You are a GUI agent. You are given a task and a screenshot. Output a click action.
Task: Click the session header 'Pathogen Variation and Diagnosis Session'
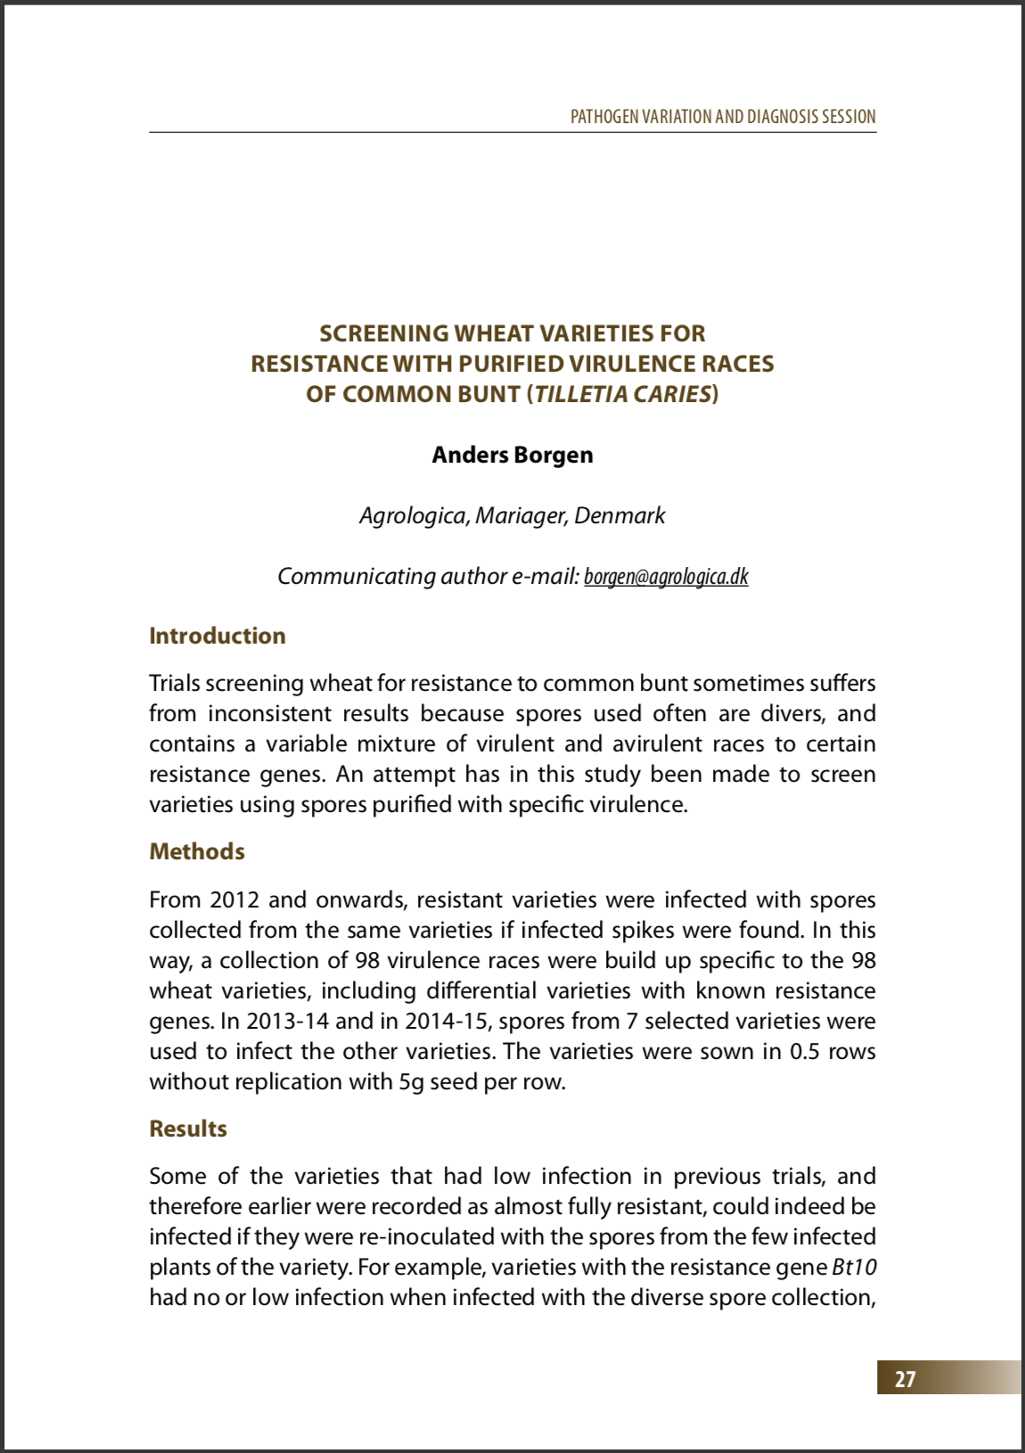723,117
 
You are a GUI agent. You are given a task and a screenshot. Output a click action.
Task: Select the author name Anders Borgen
512,455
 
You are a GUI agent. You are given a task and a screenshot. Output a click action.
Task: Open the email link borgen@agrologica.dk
666,577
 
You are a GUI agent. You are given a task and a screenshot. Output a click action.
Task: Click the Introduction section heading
217,636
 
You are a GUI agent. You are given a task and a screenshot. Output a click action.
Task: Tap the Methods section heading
197,851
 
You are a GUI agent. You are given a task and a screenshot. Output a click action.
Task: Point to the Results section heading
188,1129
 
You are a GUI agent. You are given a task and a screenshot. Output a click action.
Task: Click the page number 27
905,1379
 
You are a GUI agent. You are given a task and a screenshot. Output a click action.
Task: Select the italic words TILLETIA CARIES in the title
622,394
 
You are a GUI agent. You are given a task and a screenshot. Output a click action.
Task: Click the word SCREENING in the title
384,333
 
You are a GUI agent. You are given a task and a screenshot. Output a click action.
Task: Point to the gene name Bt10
855,1267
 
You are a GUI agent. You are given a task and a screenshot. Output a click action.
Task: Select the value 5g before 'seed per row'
411,1081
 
